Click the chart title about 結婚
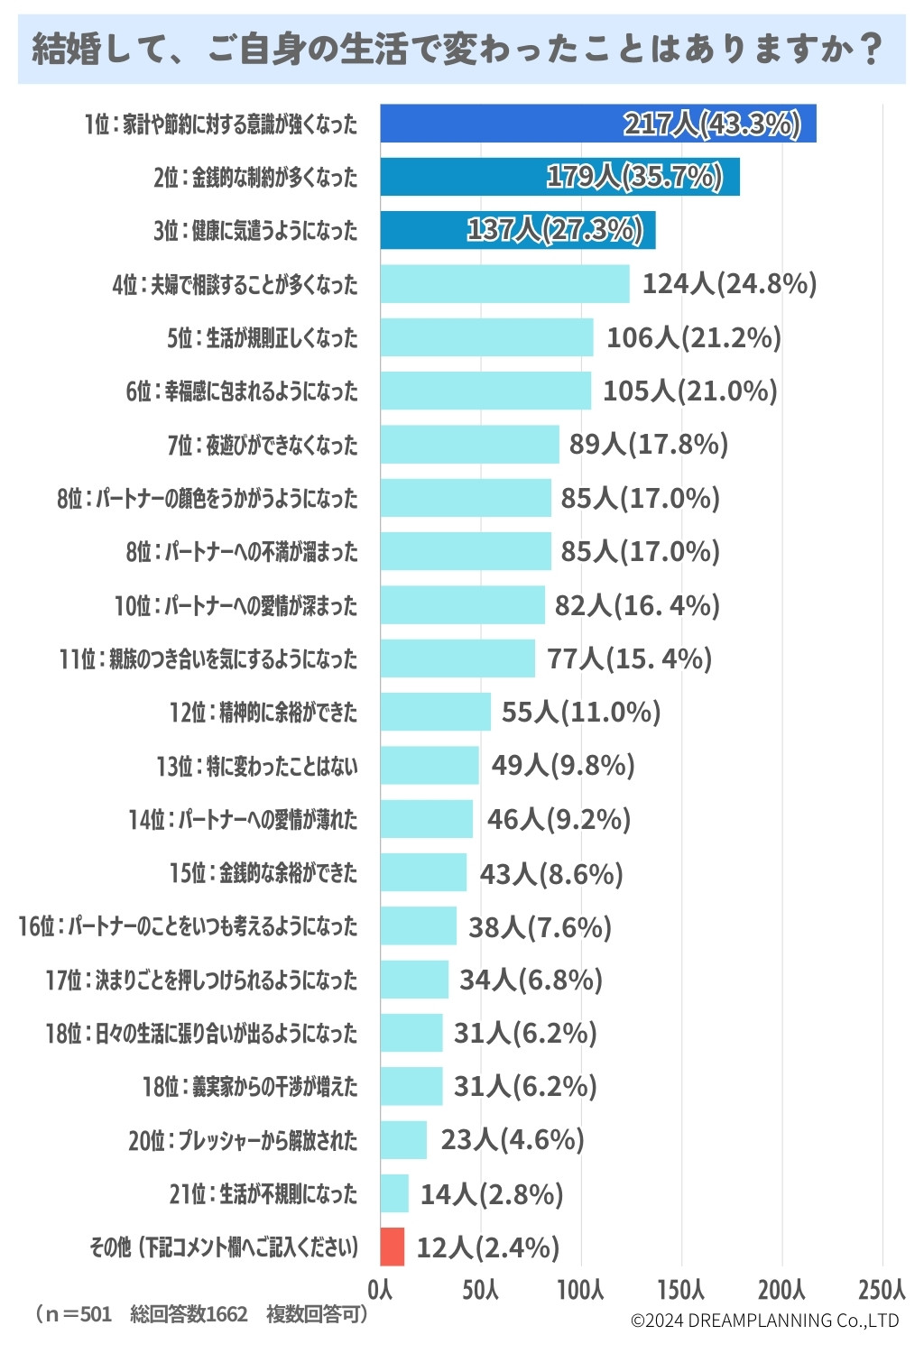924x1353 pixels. coord(457,49)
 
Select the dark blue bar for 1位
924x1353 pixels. coord(597,124)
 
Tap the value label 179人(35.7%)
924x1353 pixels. coord(634,177)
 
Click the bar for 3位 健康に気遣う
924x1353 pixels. coord(517,230)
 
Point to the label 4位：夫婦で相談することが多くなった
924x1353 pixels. coord(235,285)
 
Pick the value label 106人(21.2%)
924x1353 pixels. coord(693,337)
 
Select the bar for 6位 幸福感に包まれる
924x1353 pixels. coord(485,391)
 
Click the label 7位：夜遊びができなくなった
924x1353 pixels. coord(262,445)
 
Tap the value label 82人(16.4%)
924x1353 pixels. coord(637,605)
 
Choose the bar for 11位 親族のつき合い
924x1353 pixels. coord(457,658)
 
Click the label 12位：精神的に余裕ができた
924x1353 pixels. coord(263,713)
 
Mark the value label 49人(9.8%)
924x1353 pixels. coord(563,766)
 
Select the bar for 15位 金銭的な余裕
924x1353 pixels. coord(423,872)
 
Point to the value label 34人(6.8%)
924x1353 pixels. coord(531,980)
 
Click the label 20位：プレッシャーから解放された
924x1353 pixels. coord(243,1141)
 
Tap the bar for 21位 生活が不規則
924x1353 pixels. coord(394,1193)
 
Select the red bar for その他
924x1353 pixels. coord(393,1247)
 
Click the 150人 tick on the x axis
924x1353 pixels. coord(681,1289)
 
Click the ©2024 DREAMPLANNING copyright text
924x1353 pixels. coord(764,1321)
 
